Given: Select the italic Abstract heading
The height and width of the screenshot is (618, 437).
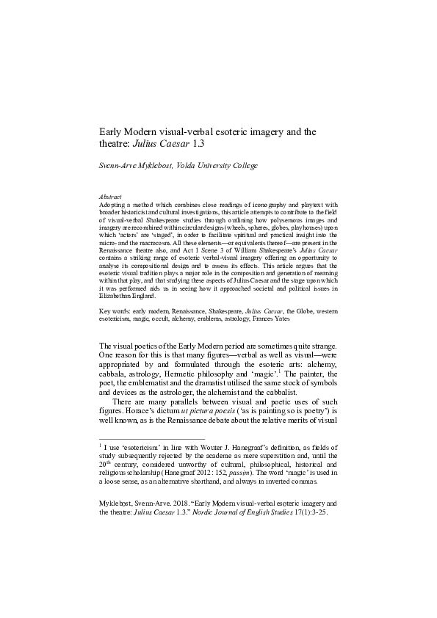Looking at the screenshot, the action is pyautogui.click(x=110, y=197).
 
